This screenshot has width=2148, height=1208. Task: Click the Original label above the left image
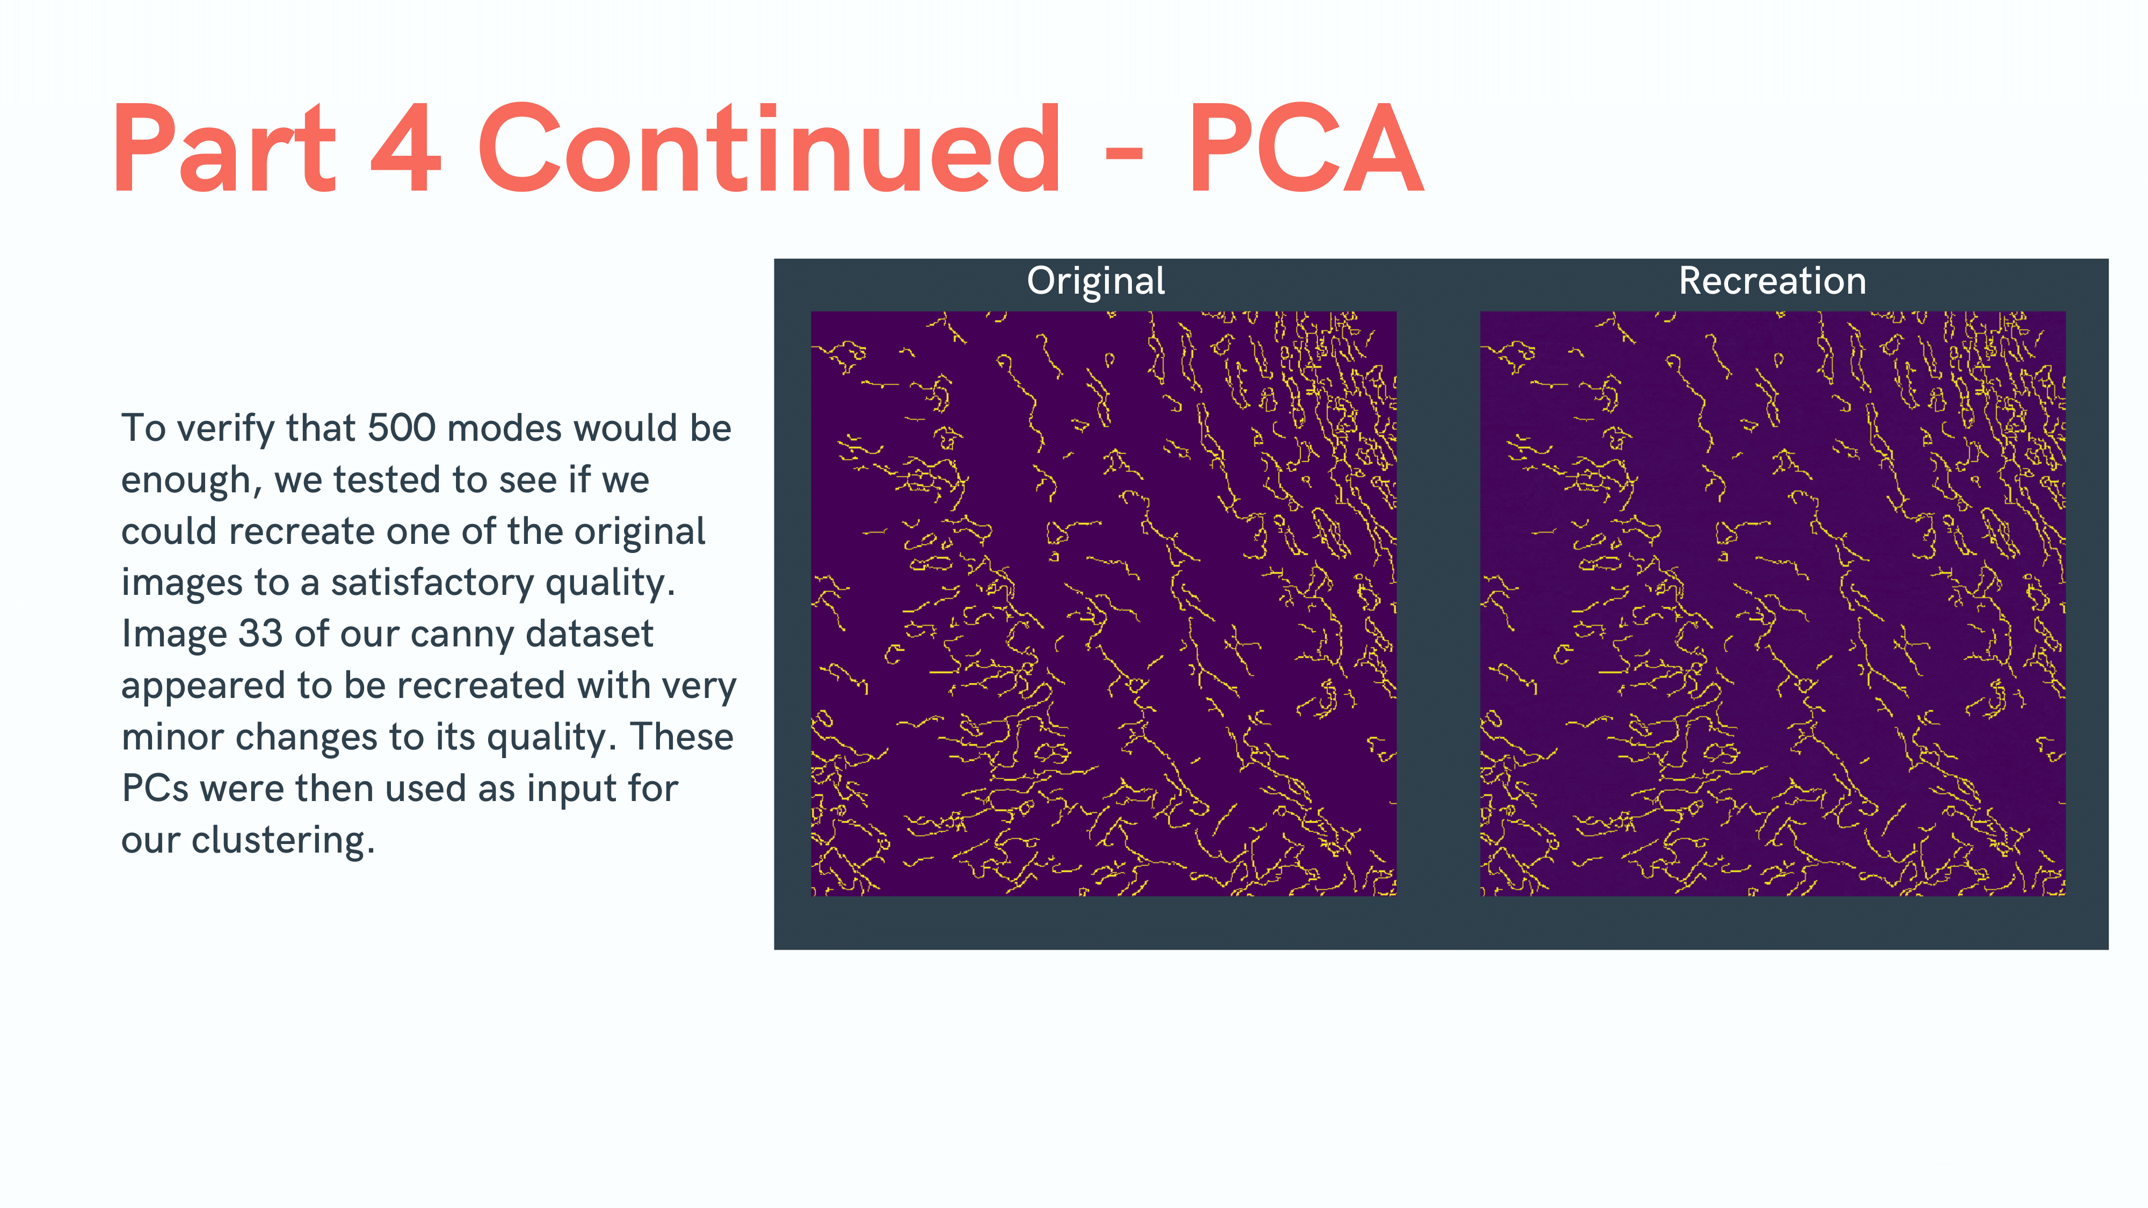[1095, 281]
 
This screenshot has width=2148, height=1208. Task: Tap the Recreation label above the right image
[1772, 281]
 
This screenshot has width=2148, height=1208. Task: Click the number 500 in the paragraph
[401, 428]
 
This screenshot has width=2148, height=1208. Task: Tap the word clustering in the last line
[282, 840]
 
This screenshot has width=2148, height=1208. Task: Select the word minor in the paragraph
[171, 737]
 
